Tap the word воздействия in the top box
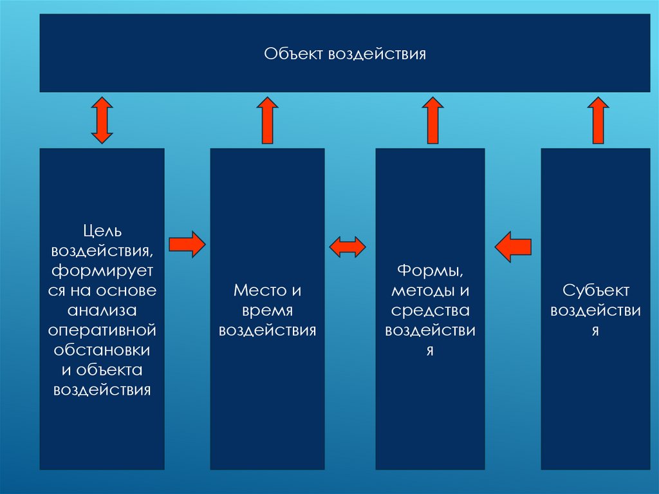[378, 53]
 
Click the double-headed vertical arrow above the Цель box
[102, 120]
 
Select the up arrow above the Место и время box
[268, 120]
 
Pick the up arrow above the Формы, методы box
[432, 120]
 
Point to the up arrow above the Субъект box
[598, 120]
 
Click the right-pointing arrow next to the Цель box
[187, 245]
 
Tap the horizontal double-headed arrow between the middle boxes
[348, 246]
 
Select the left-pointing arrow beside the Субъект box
[513, 246]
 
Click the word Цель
[102, 230]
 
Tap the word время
[268, 310]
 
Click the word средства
[431, 310]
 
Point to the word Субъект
[595, 290]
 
